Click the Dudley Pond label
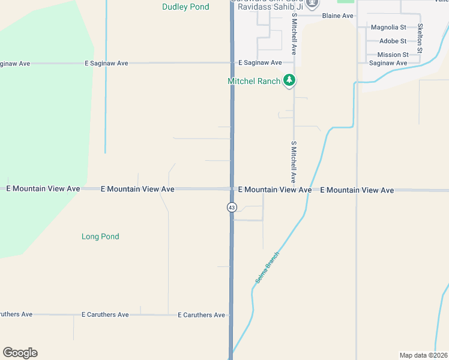[x=185, y=7]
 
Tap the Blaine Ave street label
[x=337, y=16]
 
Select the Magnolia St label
[x=388, y=28]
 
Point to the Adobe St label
[x=393, y=41]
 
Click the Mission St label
[x=393, y=55]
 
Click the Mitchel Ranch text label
[x=253, y=81]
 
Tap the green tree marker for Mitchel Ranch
[x=289, y=80]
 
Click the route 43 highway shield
[x=232, y=207]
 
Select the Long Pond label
[x=100, y=236]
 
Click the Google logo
[x=20, y=353]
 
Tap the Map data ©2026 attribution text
[x=423, y=355]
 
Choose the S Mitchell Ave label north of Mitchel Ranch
[x=294, y=36]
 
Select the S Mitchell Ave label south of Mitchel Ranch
[x=294, y=162]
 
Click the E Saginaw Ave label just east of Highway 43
[x=260, y=62]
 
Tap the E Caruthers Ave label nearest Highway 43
[x=201, y=315]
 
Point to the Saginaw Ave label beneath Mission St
[x=388, y=63]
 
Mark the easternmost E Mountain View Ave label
[x=357, y=190]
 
